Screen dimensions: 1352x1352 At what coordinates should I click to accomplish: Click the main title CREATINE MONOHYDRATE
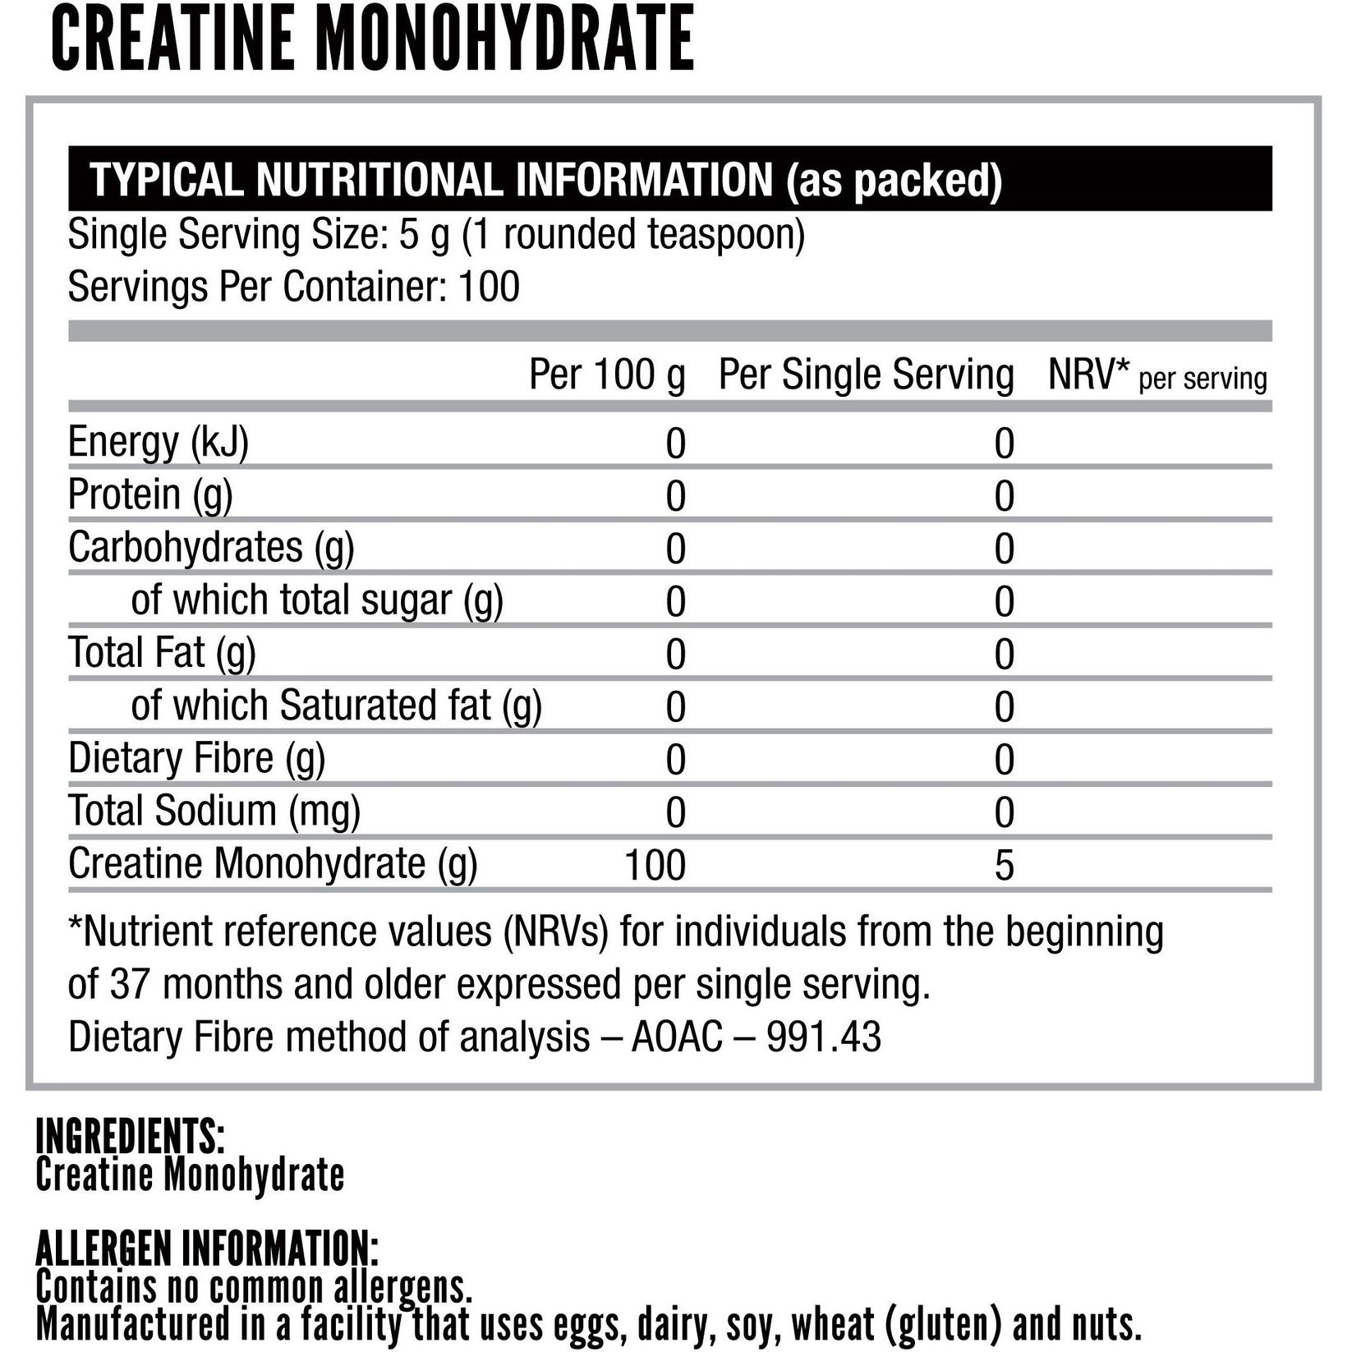click(x=373, y=39)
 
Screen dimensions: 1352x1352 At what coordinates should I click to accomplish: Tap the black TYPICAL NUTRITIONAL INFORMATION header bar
click(x=669, y=179)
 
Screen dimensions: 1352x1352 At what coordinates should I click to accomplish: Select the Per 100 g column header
click(x=606, y=375)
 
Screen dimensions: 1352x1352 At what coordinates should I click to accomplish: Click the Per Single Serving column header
click(x=866, y=375)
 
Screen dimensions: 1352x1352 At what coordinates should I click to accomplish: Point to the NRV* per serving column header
click(x=1157, y=376)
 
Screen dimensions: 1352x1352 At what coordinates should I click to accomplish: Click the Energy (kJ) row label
click(x=158, y=443)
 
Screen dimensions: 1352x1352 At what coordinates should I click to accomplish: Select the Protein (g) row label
click(x=150, y=495)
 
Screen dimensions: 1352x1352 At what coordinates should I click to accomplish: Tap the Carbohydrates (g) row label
click(x=211, y=548)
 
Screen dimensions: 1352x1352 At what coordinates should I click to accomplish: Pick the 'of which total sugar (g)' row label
click(x=317, y=600)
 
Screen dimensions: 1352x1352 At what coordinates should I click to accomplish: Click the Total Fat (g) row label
click(x=162, y=653)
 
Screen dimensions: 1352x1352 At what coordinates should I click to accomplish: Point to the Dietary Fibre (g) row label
click(x=196, y=758)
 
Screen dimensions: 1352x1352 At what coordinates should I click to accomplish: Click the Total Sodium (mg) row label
click(x=214, y=811)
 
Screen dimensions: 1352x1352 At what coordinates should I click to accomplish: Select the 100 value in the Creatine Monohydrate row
click(x=655, y=865)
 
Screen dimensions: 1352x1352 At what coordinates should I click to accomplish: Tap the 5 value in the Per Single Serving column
click(x=1004, y=865)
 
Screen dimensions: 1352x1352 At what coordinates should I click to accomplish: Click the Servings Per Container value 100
click(x=489, y=287)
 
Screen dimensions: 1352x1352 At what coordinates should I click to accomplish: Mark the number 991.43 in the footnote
click(x=823, y=1037)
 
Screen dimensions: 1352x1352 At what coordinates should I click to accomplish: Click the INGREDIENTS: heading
click(x=130, y=1136)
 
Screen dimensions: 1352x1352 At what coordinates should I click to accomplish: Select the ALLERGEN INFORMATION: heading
click(x=207, y=1249)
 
